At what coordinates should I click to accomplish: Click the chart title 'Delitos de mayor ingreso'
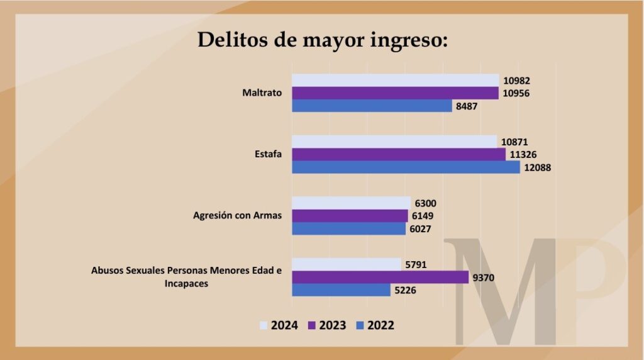323,40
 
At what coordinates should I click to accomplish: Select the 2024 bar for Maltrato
395,80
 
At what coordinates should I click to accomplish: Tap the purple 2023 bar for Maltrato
395,93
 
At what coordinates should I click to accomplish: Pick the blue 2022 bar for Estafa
406,167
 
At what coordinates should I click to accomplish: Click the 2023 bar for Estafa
398,154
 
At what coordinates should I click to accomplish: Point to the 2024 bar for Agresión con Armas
351,203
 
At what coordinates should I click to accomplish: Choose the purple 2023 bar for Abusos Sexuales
380,277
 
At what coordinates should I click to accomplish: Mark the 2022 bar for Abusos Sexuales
341,290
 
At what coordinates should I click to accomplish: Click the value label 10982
518,80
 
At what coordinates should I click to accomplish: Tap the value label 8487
466,106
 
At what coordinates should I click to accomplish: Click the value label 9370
484,278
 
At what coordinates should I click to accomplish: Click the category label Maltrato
262,93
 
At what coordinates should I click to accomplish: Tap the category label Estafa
268,154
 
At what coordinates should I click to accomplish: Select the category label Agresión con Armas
237,216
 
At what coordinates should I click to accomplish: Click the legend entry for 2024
279,325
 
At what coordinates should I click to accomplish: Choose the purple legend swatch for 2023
311,325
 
